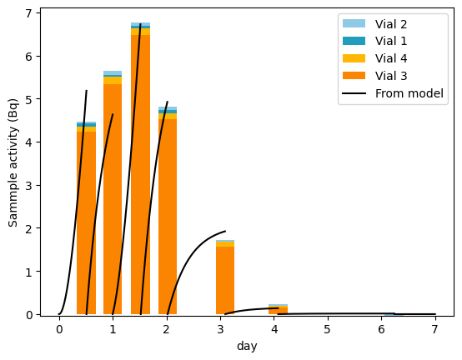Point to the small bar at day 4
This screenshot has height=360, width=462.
(x=278, y=310)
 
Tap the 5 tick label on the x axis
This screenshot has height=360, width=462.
(x=328, y=330)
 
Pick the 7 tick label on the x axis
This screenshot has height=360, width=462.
(x=435, y=330)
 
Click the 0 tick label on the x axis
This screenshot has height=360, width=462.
(x=59, y=330)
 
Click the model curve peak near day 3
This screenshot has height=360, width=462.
(x=225, y=232)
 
